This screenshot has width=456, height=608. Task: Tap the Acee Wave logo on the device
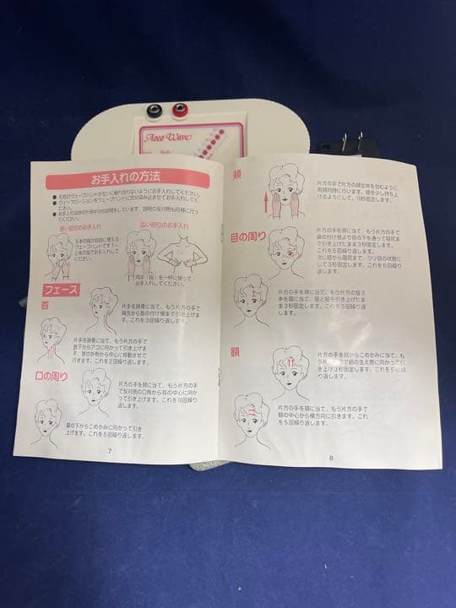[169, 137]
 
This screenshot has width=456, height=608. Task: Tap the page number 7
[110, 449]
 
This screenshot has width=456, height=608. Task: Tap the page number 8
[331, 457]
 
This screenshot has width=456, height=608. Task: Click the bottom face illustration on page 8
[252, 415]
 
